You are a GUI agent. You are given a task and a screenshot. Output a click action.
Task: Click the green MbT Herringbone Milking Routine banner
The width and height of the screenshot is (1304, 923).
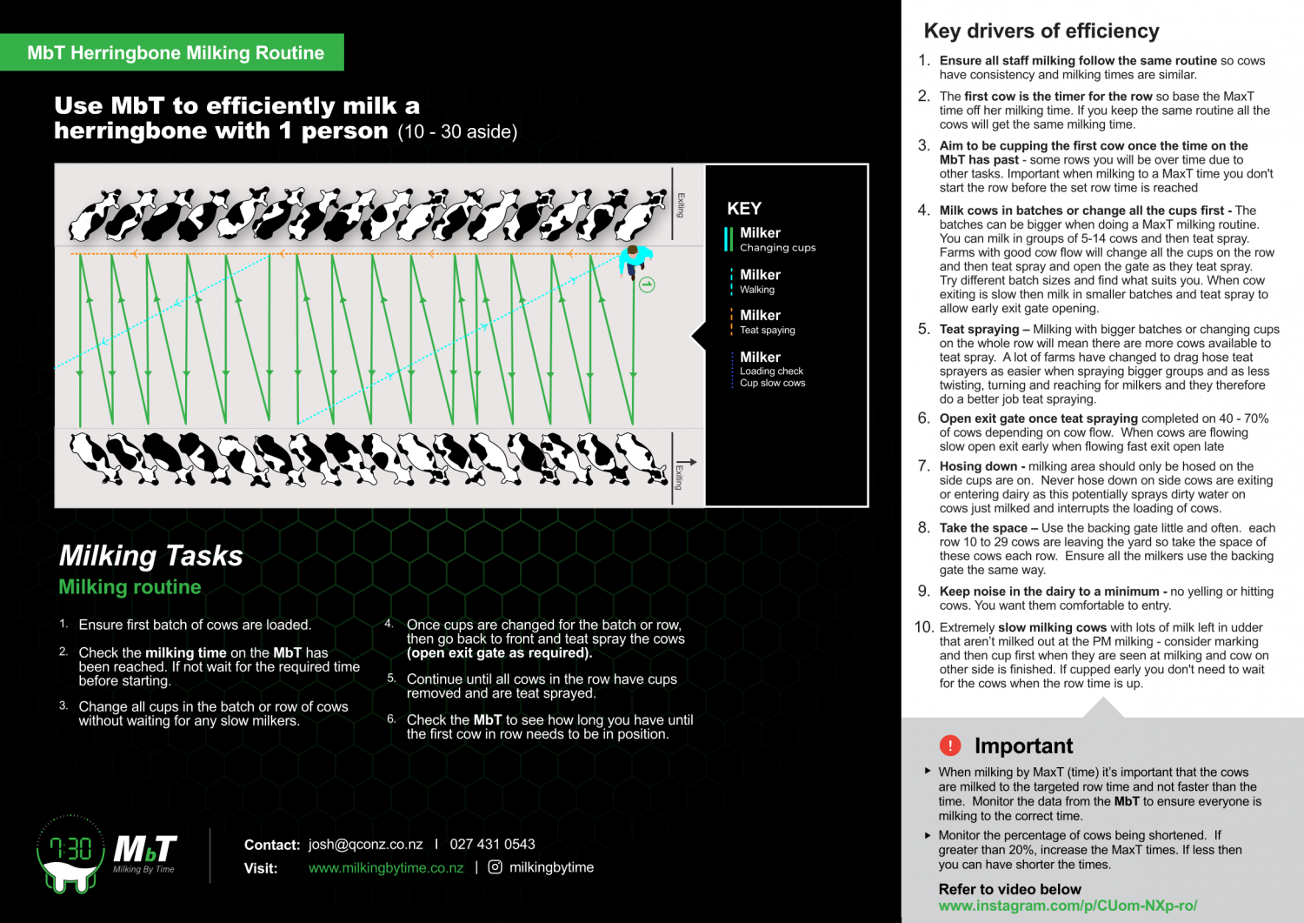(175, 52)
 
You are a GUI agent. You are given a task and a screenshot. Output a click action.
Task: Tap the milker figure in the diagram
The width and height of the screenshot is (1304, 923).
(633, 260)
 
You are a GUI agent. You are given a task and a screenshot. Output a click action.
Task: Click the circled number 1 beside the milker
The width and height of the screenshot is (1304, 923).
(647, 284)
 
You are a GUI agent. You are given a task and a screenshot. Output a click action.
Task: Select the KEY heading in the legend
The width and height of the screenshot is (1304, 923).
(744, 209)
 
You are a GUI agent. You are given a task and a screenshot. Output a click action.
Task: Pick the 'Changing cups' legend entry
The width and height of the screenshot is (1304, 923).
(777, 248)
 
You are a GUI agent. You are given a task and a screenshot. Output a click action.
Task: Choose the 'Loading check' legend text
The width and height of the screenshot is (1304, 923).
(771, 371)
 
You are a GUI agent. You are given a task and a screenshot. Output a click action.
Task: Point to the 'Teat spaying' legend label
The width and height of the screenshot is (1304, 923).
(767, 331)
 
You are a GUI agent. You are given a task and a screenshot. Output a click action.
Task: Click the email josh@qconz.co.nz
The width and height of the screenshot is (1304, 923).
(365, 845)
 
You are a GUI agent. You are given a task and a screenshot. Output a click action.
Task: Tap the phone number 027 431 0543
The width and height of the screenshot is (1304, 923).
(492, 845)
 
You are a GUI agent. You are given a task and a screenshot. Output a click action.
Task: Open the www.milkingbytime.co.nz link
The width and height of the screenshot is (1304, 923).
(386, 868)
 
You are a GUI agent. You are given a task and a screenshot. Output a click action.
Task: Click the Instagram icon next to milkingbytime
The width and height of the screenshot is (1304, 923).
(496, 867)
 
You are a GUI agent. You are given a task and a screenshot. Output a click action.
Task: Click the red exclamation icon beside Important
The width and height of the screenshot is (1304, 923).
(950, 746)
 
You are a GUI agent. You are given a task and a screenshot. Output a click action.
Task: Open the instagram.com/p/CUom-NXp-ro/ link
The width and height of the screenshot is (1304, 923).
(1068, 906)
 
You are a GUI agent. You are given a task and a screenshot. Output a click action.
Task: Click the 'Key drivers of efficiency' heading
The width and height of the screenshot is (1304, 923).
(1041, 31)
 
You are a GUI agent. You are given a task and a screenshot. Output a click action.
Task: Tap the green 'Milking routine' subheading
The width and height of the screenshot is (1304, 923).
(130, 587)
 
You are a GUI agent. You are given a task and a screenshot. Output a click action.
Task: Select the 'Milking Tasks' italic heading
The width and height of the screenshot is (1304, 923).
(150, 555)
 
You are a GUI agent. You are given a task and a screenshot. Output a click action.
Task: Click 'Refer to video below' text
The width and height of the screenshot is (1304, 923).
(1009, 889)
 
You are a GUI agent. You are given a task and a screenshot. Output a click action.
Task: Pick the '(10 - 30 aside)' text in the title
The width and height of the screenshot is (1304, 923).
(457, 132)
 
